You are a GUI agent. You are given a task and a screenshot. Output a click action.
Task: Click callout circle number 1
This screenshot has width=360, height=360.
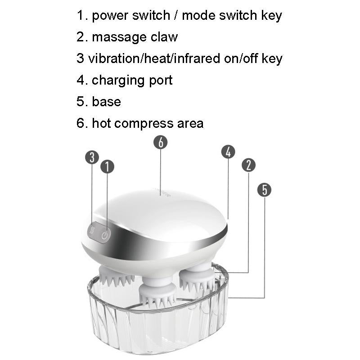pyautogui.click(x=107, y=167)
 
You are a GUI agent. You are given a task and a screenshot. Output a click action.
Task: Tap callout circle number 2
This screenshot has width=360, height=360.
pyautogui.click(x=248, y=165)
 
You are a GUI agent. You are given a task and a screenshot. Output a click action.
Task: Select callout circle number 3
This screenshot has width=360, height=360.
pyautogui.click(x=92, y=157)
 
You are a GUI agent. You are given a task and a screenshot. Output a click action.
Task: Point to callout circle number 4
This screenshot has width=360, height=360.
pyautogui.click(x=228, y=152)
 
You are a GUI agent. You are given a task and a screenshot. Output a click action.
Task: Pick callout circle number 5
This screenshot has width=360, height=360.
pyautogui.click(x=265, y=189)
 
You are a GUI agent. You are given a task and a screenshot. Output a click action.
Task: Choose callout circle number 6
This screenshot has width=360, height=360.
pyautogui.click(x=160, y=142)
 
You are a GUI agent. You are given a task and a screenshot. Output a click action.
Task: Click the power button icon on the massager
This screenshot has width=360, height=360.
pyautogui.click(x=105, y=235)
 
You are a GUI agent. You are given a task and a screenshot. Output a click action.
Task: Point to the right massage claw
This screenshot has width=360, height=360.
pyautogui.click(x=197, y=278)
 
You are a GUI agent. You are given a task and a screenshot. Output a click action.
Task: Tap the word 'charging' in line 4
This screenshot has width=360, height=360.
pyautogui.click(x=119, y=81)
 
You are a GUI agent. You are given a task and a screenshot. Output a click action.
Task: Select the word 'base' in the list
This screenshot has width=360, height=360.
pyautogui.click(x=106, y=102)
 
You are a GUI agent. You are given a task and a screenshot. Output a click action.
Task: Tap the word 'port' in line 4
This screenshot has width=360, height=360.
pyautogui.click(x=161, y=81)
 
